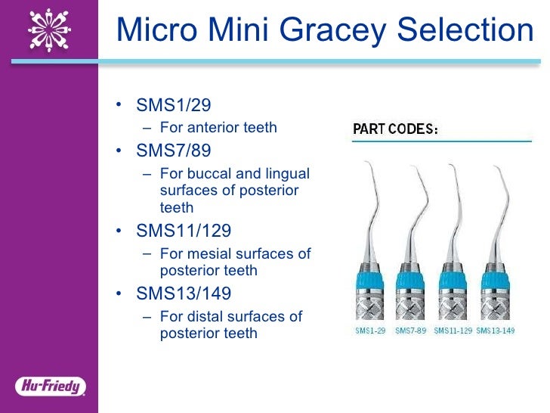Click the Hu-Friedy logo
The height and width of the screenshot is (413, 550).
[50, 387]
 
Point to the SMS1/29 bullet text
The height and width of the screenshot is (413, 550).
[173, 105]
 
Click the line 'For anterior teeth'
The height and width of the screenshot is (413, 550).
[218, 127]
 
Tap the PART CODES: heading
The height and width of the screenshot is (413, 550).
[396, 129]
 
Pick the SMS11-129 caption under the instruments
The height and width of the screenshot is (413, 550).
[453, 331]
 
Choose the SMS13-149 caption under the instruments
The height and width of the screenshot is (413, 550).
[495, 331]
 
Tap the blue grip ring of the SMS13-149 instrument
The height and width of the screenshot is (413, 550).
[495, 278]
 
